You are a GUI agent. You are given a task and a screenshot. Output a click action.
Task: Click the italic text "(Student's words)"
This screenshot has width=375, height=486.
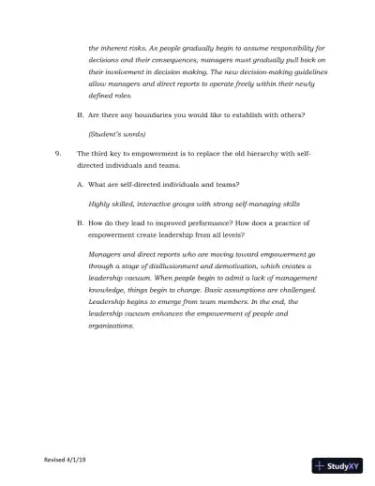click(x=115, y=134)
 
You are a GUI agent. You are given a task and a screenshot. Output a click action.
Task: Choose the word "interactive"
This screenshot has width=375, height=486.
click(x=160, y=203)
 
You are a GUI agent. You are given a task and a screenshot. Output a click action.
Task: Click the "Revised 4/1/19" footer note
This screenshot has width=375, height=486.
click(x=65, y=460)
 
